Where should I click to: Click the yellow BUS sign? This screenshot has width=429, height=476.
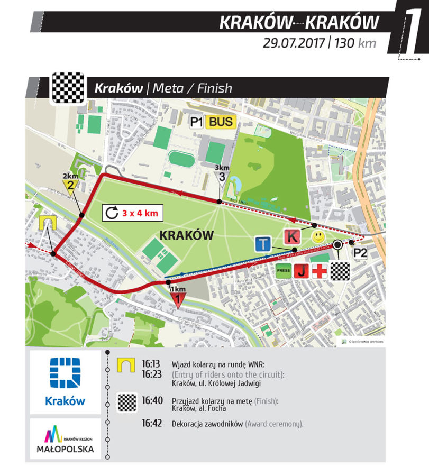[x=221, y=122]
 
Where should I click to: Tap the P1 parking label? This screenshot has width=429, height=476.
[x=197, y=122]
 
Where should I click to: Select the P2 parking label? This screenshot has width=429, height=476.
[x=360, y=253]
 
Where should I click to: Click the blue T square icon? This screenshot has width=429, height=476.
[x=263, y=244]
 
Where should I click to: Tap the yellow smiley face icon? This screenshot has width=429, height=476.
[x=317, y=237]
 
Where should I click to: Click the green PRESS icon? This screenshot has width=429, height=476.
[x=282, y=272]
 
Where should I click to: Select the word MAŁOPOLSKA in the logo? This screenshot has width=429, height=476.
[x=65, y=449]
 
